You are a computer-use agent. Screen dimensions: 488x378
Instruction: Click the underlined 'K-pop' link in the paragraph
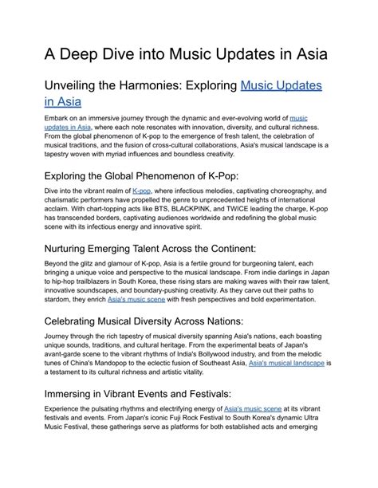tap(141, 191)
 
